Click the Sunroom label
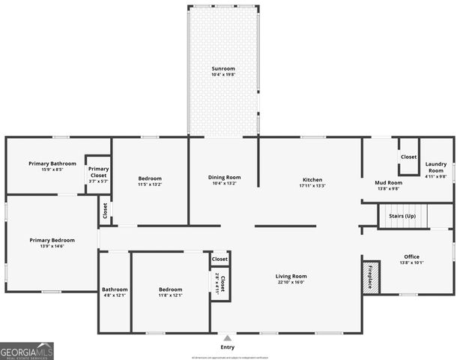[x=223, y=68]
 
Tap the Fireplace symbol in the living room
[x=369, y=276]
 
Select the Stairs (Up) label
[x=402, y=215]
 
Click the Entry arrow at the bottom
[x=227, y=337]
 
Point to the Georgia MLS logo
[x=27, y=351]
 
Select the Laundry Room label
[x=436, y=166]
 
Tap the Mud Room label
[x=388, y=182]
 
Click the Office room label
[x=413, y=256]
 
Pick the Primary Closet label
[x=98, y=172]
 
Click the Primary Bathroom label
[x=52, y=163]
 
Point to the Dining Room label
[x=224, y=178]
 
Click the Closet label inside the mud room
[x=408, y=157]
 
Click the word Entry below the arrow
[x=227, y=347]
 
